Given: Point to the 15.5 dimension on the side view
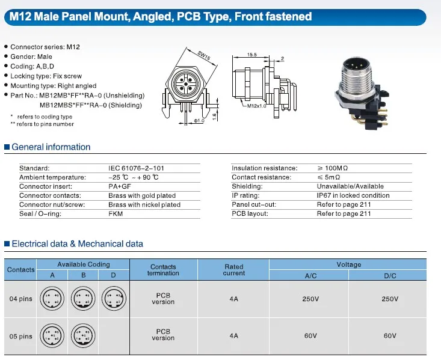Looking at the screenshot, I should click(x=251, y=54).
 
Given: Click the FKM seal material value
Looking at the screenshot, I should click(x=116, y=214).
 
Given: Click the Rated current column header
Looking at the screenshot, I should click(x=233, y=270).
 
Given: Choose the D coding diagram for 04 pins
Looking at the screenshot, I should click(x=114, y=298).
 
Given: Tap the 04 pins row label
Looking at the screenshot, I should click(x=21, y=299).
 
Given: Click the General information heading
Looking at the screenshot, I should click(x=51, y=147).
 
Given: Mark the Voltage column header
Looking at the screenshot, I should click(x=348, y=264).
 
